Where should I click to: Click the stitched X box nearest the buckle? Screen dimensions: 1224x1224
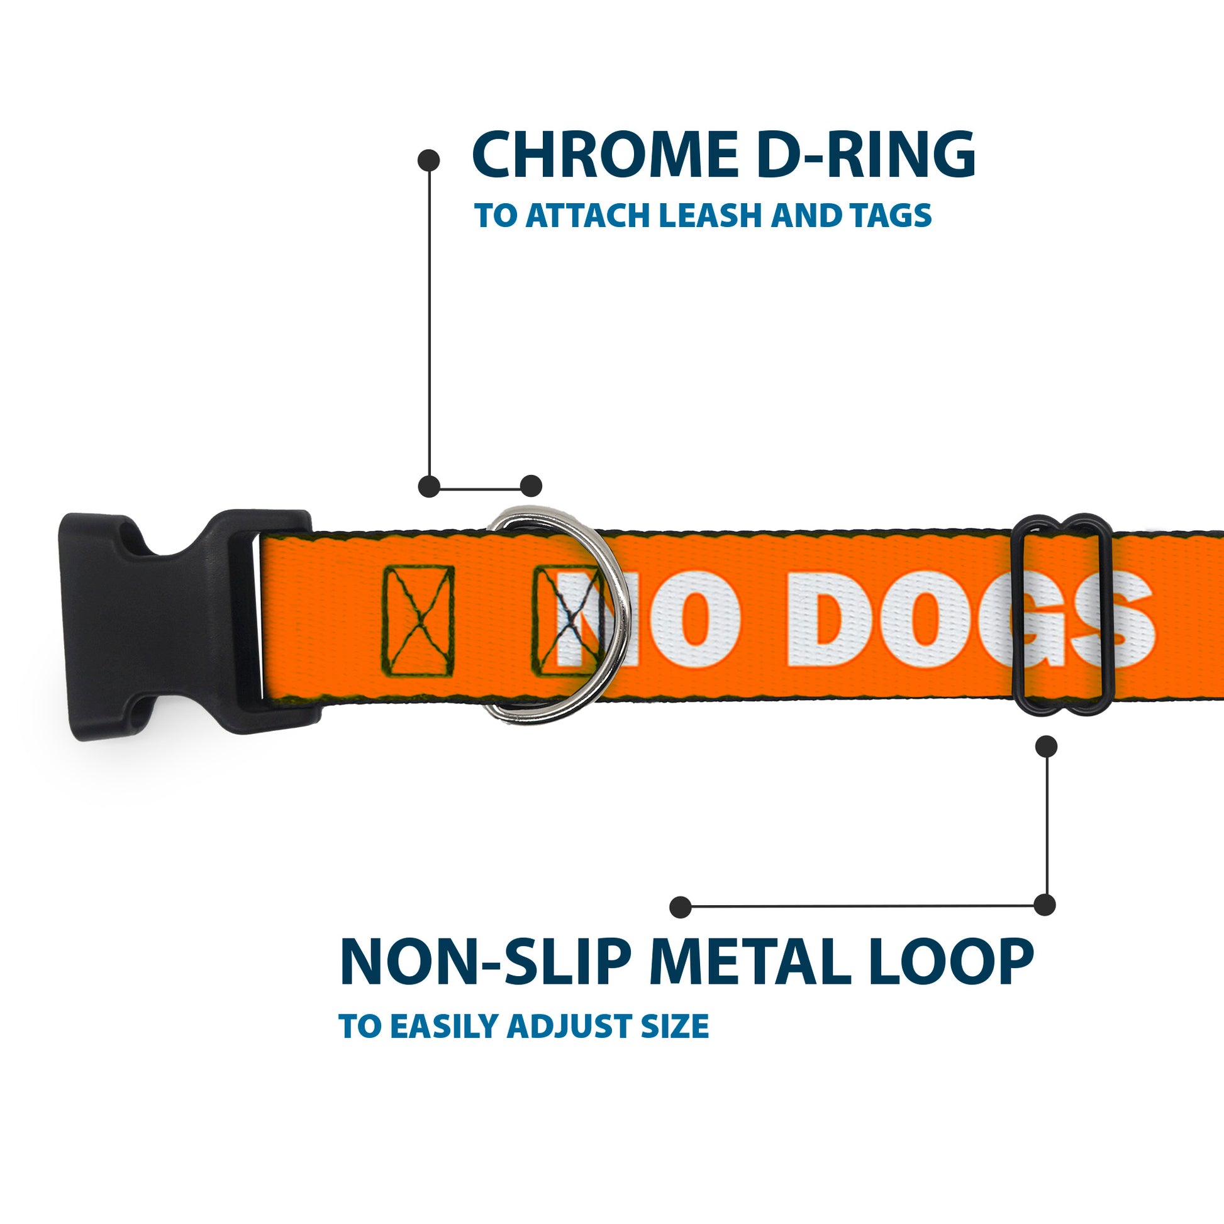[418, 621]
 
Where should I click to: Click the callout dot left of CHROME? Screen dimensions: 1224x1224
[429, 160]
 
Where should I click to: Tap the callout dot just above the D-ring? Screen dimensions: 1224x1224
[531, 486]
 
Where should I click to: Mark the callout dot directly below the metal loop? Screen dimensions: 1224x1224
[1046, 747]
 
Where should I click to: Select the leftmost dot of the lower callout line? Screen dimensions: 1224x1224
[680, 907]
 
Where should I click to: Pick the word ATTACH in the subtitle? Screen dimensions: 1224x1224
[588, 215]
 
